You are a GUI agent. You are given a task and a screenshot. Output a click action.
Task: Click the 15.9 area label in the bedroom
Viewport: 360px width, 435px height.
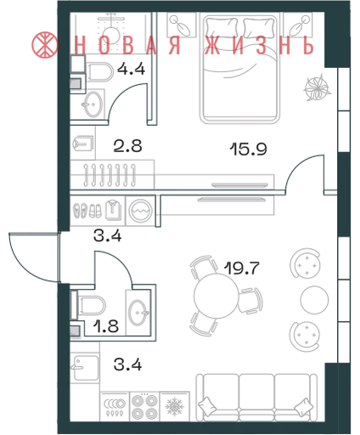[249, 149]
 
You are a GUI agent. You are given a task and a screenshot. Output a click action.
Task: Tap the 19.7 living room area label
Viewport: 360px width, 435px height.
[242, 268]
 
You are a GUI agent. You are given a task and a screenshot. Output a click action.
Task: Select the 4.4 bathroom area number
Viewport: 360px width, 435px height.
[132, 69]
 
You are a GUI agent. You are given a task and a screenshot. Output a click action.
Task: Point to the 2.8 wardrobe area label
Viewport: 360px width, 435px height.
[127, 146]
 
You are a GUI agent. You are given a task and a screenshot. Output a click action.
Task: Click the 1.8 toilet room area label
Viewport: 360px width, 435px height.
[106, 326]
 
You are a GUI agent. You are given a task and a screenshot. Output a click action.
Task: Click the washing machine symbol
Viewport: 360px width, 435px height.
[141, 211]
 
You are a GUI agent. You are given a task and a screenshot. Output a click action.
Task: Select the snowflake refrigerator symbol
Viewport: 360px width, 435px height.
[175, 407]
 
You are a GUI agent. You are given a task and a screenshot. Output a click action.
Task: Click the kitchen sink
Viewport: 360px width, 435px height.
[86, 368]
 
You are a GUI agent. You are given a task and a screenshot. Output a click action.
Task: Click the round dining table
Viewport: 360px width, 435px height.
[217, 297]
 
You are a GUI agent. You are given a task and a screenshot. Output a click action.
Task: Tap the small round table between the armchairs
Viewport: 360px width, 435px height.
[314, 300]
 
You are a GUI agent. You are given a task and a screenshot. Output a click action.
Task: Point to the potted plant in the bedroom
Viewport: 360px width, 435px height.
[318, 88]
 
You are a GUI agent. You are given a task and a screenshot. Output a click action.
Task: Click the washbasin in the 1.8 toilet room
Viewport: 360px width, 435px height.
[138, 313]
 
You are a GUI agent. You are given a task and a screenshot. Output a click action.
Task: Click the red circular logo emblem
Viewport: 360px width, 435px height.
[45, 44]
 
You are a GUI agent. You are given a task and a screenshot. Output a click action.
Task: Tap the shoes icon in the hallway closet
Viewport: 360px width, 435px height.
[87, 211]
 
